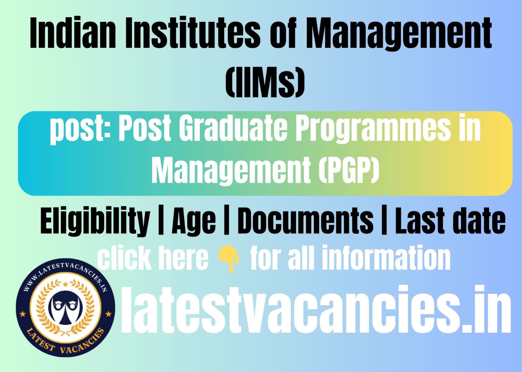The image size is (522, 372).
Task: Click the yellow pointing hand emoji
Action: (229, 261)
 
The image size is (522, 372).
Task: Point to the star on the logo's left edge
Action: (23, 314)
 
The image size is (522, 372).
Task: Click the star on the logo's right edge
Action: (108, 314)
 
